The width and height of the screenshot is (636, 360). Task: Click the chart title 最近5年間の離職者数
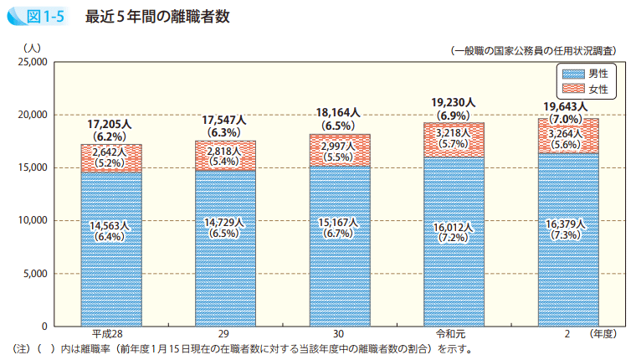coord(157,16)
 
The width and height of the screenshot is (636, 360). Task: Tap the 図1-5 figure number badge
coord(38,16)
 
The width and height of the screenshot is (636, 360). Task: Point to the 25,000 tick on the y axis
coord(33,62)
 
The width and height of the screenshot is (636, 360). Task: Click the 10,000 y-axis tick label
coord(33,220)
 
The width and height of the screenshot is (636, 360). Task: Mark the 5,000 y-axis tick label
coord(35,274)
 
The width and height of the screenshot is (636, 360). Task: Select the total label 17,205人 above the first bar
coord(110,125)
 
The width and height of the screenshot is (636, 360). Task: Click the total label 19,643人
coord(567,106)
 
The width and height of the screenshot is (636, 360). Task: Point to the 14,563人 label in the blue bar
coord(110,226)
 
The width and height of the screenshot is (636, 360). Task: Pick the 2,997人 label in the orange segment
coord(340,147)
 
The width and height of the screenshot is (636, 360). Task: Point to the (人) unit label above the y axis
coord(32,47)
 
